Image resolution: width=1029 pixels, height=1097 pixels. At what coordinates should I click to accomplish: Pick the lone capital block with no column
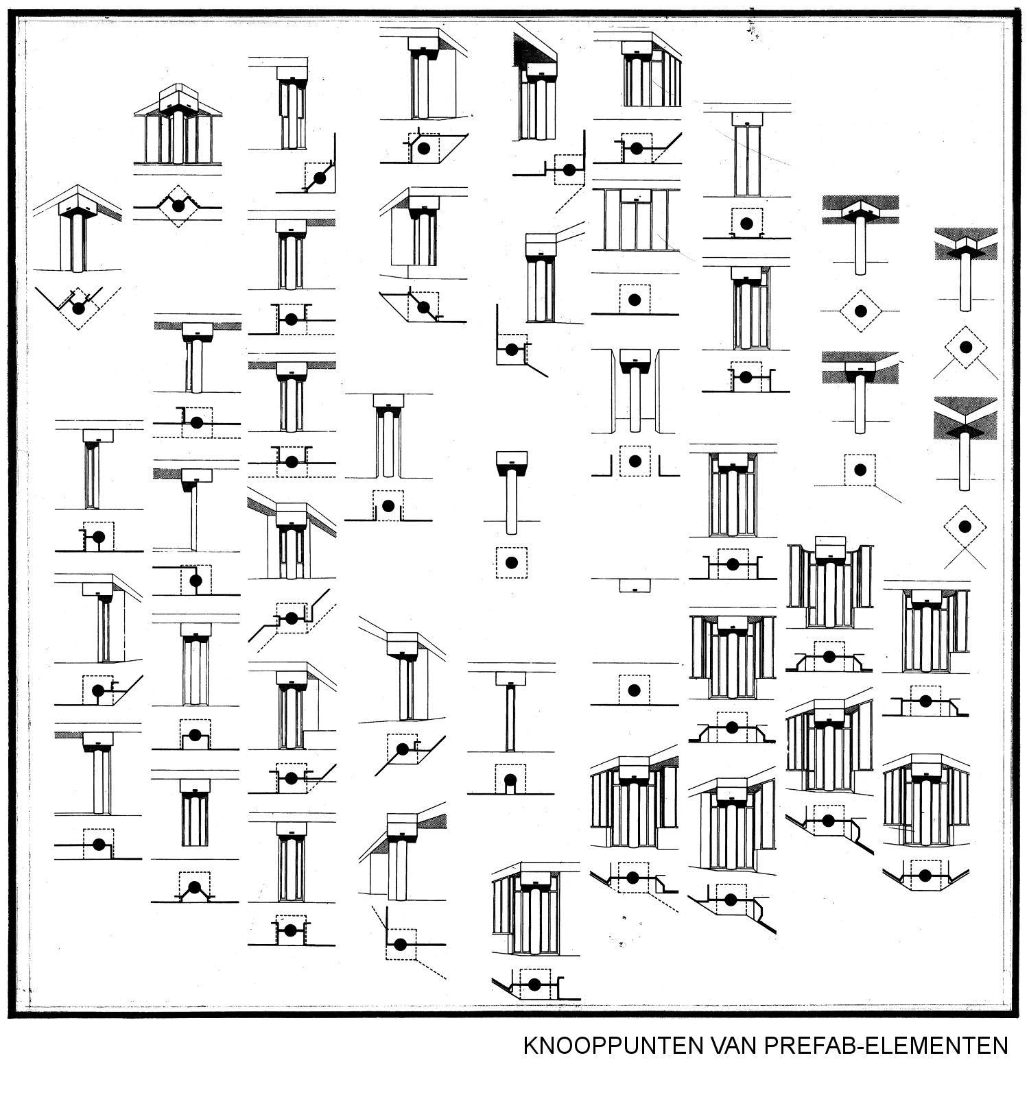pos(635,585)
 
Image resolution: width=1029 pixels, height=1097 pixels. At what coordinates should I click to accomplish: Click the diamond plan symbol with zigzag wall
pos(178,206)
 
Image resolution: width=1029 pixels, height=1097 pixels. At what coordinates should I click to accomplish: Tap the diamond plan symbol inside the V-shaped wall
pos(78,308)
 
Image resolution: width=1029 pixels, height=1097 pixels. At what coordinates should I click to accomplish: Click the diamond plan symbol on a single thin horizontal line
pos(860,311)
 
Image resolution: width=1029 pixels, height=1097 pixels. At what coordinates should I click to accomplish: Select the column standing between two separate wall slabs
pos(635,391)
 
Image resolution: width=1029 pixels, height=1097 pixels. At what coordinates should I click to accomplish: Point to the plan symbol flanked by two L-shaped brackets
pos(635,461)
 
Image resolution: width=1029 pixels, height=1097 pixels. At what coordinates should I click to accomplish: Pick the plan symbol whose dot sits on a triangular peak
pos(194,887)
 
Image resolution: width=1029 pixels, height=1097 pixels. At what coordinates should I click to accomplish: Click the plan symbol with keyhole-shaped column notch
pos(510,780)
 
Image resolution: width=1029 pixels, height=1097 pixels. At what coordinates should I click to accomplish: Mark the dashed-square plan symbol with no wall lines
pos(511,562)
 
